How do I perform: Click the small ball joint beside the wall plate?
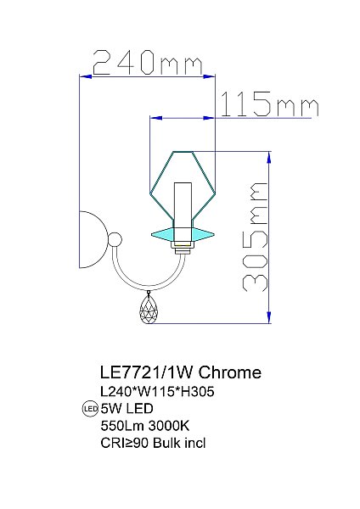click(113, 240)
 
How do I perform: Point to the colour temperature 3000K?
click(169, 426)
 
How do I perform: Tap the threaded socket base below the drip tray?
click(182, 248)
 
